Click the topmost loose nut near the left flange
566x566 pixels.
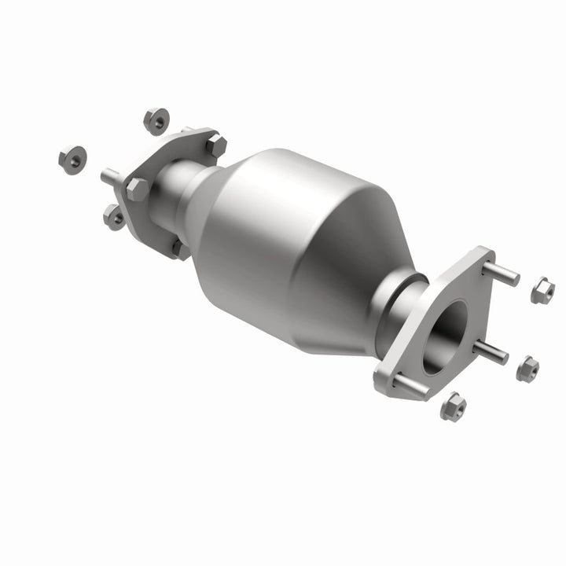click(x=156, y=120)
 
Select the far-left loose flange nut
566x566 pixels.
click(x=72, y=160)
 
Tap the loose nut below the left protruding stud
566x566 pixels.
click(x=116, y=216)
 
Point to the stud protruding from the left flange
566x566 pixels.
click(x=111, y=177)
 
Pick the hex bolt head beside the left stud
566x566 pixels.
click(x=137, y=189)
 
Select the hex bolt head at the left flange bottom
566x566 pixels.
click(x=180, y=249)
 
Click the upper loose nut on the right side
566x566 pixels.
click(x=542, y=292)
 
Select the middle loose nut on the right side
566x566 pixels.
click(x=527, y=367)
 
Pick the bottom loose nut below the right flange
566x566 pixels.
click(x=453, y=407)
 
